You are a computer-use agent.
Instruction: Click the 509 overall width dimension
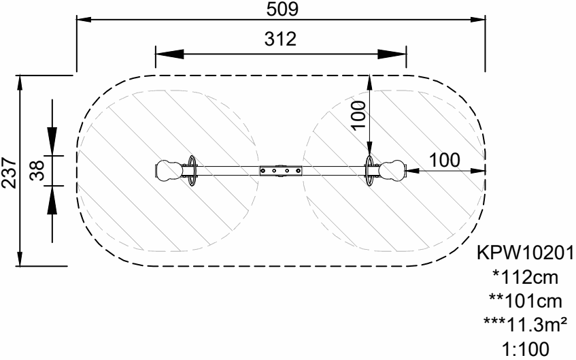[282, 10]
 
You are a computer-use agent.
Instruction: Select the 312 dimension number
[280, 39]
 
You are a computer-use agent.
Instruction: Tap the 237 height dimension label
[9, 173]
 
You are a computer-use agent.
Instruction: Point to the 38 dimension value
[37, 171]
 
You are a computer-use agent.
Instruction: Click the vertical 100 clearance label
[358, 115]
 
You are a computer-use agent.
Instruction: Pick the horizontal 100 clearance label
[445, 161]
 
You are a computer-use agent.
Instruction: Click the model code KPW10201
[525, 253]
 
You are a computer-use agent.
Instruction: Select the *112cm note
[526, 277]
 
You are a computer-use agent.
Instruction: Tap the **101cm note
[525, 301]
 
